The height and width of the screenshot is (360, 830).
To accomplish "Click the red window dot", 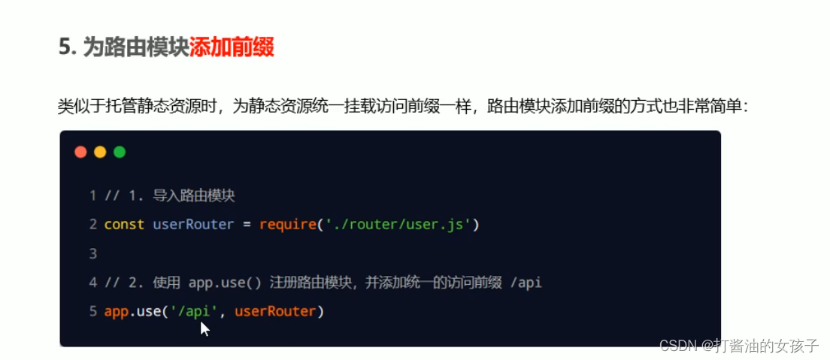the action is pyautogui.click(x=80, y=152).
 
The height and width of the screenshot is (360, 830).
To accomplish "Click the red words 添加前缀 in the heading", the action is pyautogui.click(x=232, y=47).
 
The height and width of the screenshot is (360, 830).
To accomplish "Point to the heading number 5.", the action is pyautogui.click(x=64, y=47).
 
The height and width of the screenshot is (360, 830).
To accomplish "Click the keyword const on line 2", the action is pyautogui.click(x=124, y=224).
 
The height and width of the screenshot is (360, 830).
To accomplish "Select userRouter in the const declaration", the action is pyautogui.click(x=193, y=224).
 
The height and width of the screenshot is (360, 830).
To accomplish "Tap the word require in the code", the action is pyautogui.click(x=286, y=224).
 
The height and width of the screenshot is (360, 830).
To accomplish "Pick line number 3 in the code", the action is pyautogui.click(x=93, y=253).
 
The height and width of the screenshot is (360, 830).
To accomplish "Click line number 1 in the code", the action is pyautogui.click(x=93, y=195).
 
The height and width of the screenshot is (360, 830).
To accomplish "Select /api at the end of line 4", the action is pyautogui.click(x=526, y=283).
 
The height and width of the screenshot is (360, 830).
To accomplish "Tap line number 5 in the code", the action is pyautogui.click(x=93, y=311).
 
